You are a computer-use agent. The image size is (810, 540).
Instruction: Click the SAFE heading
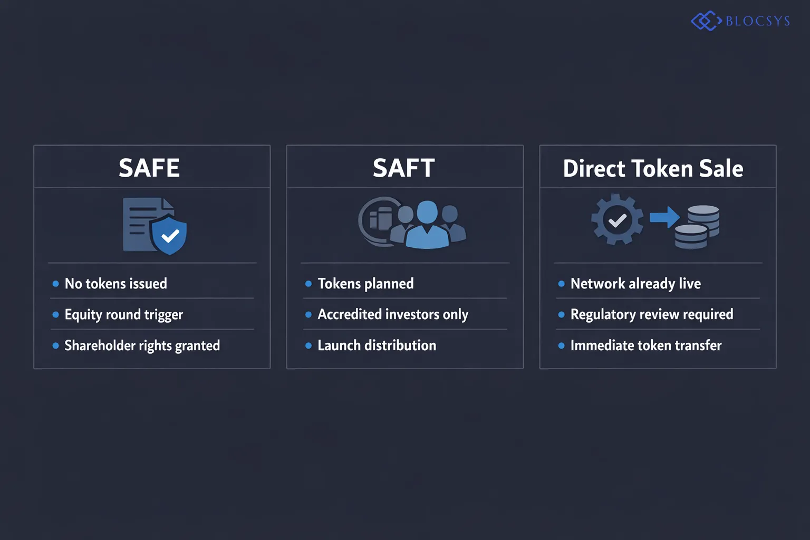(x=149, y=168)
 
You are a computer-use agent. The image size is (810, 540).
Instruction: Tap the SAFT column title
(x=404, y=168)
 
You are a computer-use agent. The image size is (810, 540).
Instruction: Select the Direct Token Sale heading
(x=653, y=169)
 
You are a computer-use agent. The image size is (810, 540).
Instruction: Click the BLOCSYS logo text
(x=758, y=21)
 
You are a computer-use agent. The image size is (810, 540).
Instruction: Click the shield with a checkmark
(x=169, y=235)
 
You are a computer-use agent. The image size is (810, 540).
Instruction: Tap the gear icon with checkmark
(x=617, y=219)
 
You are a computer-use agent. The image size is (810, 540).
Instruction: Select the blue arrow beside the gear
(x=664, y=217)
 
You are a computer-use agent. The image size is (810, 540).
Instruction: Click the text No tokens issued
(x=115, y=284)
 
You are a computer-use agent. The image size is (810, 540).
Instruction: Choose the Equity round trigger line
(x=123, y=315)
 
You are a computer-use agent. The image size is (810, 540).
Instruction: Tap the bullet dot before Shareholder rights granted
(x=55, y=346)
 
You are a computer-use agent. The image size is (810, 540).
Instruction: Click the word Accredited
(x=349, y=314)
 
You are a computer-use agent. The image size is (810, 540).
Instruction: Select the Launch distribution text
(x=377, y=345)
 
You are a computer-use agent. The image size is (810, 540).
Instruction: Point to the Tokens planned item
(x=365, y=284)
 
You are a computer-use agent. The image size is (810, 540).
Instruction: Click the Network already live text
(x=635, y=284)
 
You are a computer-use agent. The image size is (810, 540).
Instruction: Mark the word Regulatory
(x=603, y=315)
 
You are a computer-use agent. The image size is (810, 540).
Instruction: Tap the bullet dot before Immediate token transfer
(x=561, y=346)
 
